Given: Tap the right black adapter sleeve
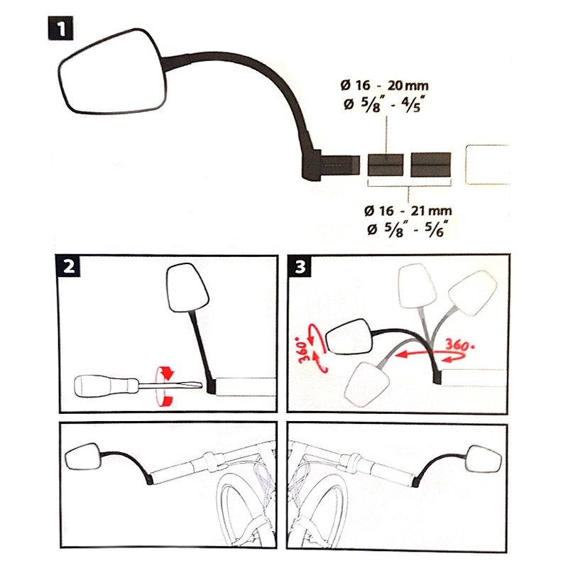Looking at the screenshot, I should tap(431, 165).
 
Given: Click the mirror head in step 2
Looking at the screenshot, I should tap(187, 288).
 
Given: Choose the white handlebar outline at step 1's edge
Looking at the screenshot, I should tap(487, 165).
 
